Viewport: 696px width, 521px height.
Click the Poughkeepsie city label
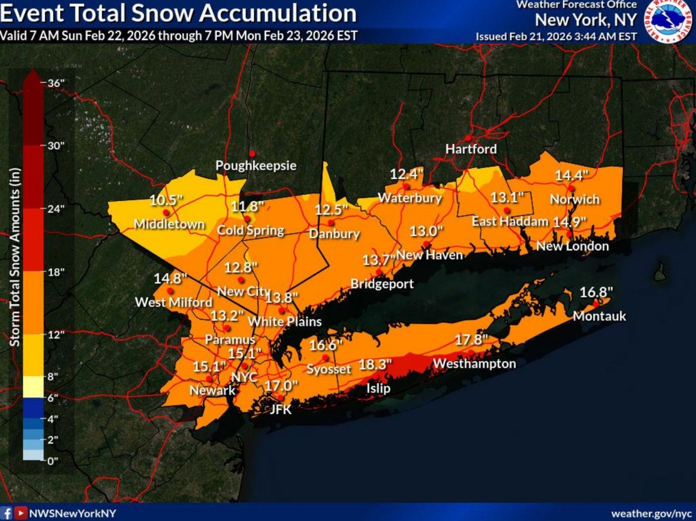coord(256,166)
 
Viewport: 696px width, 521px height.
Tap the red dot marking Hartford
coord(467,138)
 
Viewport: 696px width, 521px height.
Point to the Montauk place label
coord(599,316)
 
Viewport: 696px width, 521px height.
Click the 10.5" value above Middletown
coord(166,200)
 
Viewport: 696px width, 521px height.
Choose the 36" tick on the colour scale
coord(56,83)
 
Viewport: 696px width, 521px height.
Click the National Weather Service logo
coord(668,21)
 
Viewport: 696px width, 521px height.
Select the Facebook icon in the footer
coord(7,513)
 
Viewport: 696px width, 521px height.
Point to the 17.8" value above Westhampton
coord(471,340)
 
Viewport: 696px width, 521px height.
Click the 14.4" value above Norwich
coord(571,175)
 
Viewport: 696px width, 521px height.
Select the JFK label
coord(280,409)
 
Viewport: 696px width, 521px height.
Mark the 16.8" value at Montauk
coord(596,292)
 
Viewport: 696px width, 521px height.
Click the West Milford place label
coord(174,302)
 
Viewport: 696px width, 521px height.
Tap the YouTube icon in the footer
coord(20,513)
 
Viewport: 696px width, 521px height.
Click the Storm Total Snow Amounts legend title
coord(15,257)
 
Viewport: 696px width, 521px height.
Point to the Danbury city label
coord(334,233)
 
